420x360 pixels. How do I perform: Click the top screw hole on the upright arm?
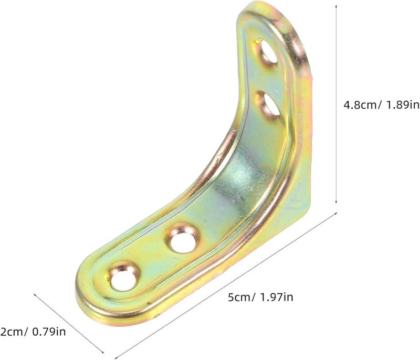(x=267, y=53)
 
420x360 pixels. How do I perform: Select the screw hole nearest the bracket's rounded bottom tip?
(x=125, y=277)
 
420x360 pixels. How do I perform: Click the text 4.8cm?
(x=362, y=104)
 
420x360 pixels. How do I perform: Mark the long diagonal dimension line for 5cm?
(x=226, y=283)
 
